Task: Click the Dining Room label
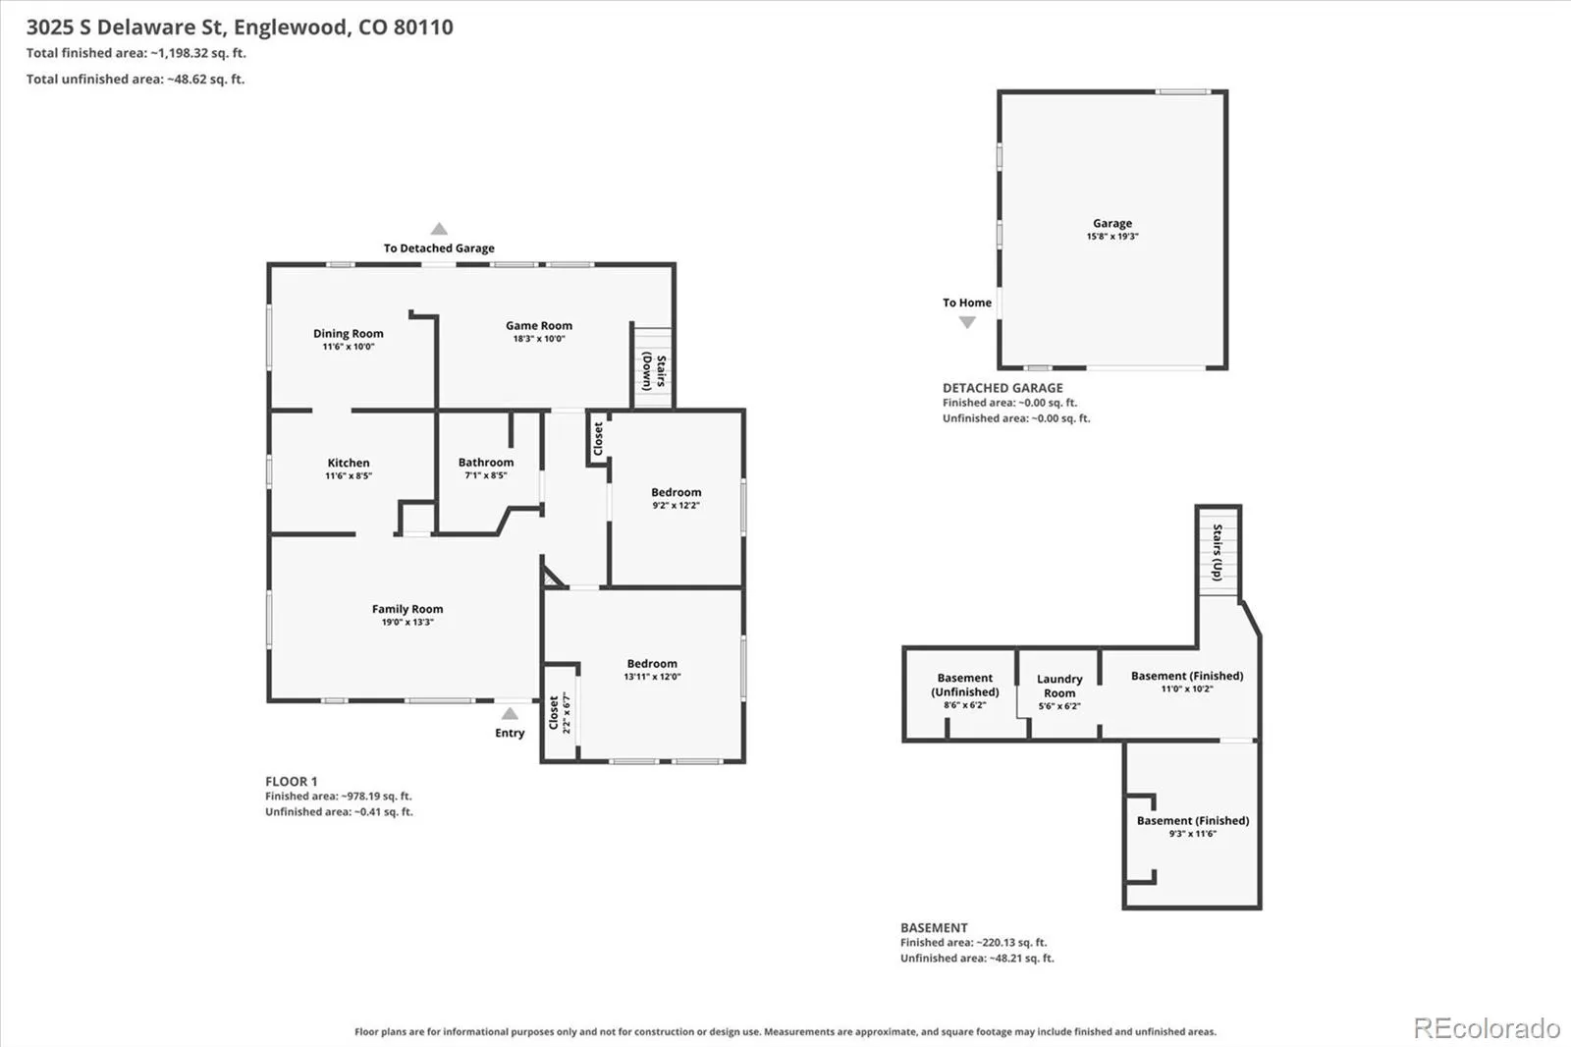click(x=348, y=333)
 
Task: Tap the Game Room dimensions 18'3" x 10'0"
click(x=539, y=338)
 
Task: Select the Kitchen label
click(x=349, y=463)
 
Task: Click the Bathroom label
click(x=486, y=462)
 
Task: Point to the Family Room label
click(x=407, y=609)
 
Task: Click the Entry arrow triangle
click(x=510, y=714)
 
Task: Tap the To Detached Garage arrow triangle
click(x=439, y=229)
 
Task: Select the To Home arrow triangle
click(x=967, y=322)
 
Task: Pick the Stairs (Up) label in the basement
click(x=1218, y=552)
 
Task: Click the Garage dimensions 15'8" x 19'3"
click(x=1112, y=237)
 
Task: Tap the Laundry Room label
click(x=1059, y=686)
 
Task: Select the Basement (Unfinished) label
click(x=965, y=685)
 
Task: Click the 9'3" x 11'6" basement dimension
click(x=1192, y=834)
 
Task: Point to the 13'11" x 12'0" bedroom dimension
click(x=652, y=677)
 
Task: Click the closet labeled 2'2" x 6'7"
click(x=559, y=712)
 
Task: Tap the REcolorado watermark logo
click(x=1487, y=1028)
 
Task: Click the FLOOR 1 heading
click(x=291, y=781)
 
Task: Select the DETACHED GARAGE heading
click(x=1002, y=387)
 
